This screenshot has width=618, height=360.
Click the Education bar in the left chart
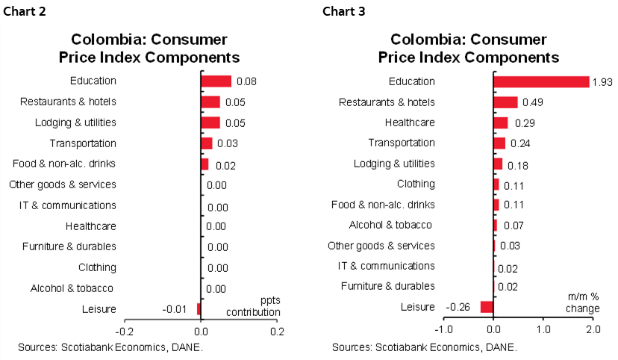tap(216, 81)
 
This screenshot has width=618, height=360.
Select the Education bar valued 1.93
tap(541, 81)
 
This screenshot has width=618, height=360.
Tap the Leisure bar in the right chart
tap(487, 306)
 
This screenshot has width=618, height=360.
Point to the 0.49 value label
tap(532, 102)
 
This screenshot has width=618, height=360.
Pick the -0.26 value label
tap(458, 306)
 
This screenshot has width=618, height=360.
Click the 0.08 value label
tap(246, 81)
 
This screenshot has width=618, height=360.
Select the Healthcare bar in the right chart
tap(501, 122)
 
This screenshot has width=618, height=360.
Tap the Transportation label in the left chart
tap(83, 143)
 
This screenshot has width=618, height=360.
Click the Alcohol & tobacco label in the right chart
tap(390, 225)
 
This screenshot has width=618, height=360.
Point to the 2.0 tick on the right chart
tap(592, 329)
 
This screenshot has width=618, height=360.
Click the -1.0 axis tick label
tap(444, 329)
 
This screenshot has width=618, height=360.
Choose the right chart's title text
tap(469, 49)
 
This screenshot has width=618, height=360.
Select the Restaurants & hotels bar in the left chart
tap(210, 102)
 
